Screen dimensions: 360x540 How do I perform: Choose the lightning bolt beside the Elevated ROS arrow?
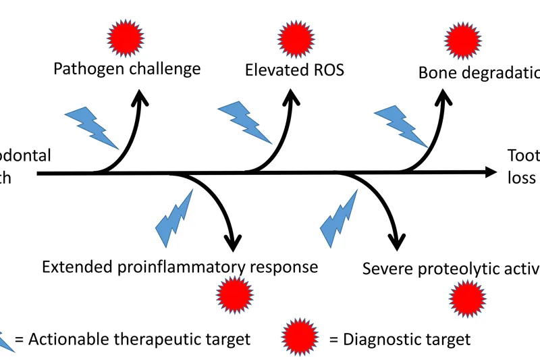click(x=244, y=122)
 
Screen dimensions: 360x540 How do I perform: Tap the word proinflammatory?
click(x=188, y=267)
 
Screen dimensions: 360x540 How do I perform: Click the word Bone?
click(x=436, y=72)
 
